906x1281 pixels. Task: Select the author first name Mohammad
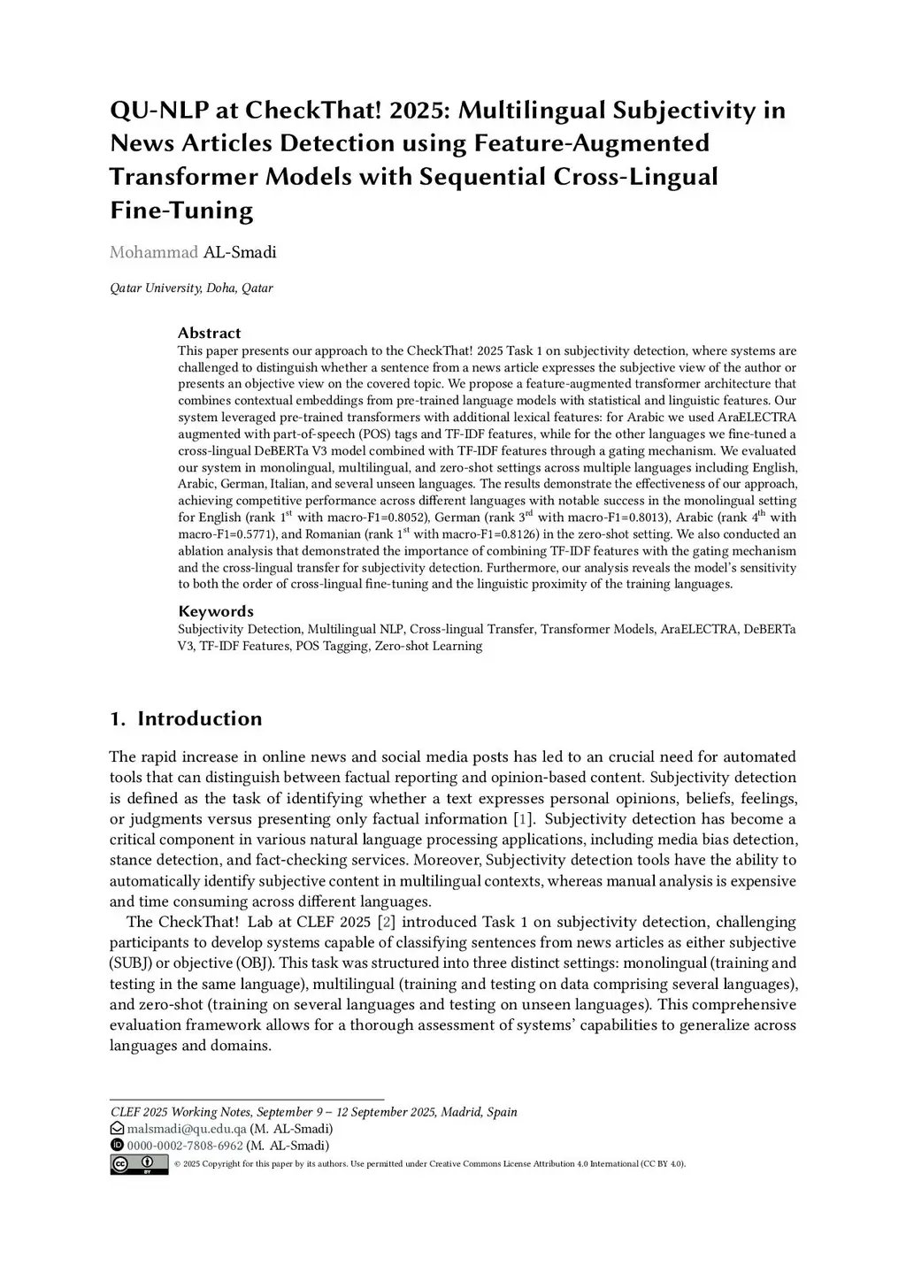click(153, 252)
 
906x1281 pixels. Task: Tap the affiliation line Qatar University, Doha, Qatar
click(191, 288)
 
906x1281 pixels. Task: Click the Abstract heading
click(209, 333)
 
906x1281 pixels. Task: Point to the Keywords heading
click(216, 611)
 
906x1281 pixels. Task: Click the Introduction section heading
click(199, 718)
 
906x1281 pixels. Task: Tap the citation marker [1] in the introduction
click(524, 819)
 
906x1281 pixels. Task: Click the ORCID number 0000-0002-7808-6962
click(185, 1146)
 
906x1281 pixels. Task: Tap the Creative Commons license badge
click(139, 1164)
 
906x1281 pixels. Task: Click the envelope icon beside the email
click(117, 1129)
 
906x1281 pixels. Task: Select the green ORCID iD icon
click(117, 1146)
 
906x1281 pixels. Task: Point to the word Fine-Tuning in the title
click(181, 211)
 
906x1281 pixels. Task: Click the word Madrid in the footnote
click(460, 1112)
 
